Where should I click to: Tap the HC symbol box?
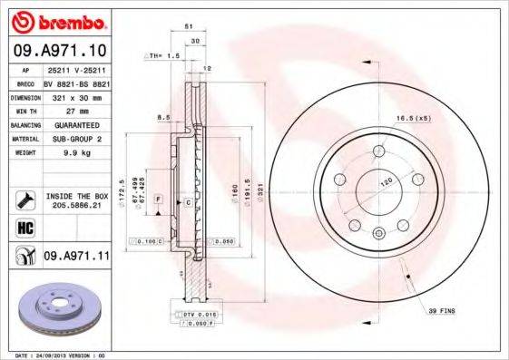pos(24,228)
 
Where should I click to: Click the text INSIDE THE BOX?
pos(76,196)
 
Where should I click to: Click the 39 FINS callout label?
pos(442,311)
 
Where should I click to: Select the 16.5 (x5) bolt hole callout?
pos(436,118)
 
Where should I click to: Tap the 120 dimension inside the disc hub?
pos(384,183)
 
